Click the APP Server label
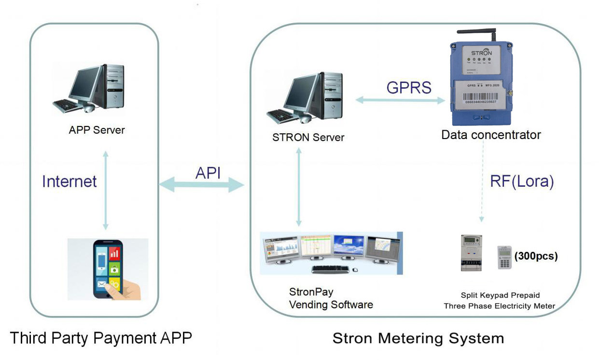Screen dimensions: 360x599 (97, 130)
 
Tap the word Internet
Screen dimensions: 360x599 (70, 181)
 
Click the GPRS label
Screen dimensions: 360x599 (408, 88)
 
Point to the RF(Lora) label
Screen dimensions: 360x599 (521, 181)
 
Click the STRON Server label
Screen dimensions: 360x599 (308, 137)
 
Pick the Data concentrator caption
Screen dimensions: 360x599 (491, 135)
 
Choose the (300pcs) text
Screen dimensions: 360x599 (536, 256)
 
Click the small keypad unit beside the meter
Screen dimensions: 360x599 (504, 257)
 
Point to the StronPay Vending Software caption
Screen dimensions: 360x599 (331, 298)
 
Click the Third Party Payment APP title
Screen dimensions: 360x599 (100, 338)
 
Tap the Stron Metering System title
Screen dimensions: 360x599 (418, 338)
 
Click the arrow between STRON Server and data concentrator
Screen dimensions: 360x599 (400, 100)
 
